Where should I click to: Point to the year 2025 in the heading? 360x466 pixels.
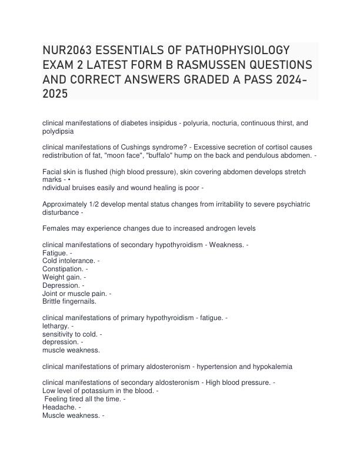click(x=55, y=93)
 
